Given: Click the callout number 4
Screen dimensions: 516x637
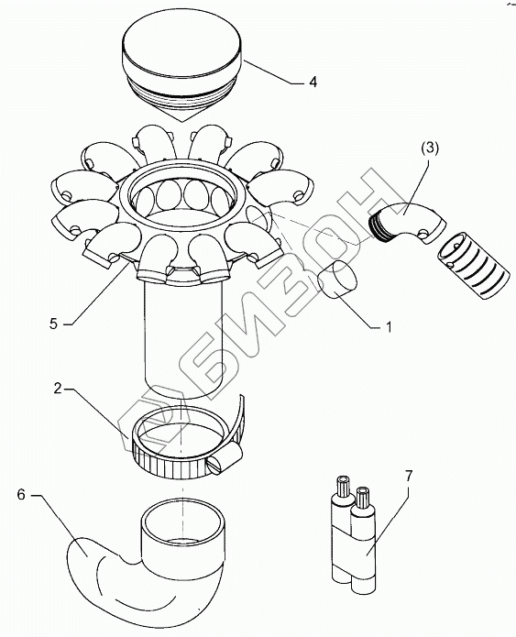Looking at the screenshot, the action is (x=313, y=82).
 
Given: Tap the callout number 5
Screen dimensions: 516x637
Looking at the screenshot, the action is (x=54, y=324).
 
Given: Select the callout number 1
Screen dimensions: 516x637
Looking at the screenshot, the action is (x=389, y=327).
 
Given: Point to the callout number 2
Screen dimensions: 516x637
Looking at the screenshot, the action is (x=58, y=389).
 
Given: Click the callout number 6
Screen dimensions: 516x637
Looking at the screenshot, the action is (x=21, y=495).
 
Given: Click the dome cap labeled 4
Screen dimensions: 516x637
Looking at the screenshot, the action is (x=182, y=65).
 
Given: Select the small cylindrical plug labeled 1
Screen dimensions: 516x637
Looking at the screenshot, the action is (x=337, y=280).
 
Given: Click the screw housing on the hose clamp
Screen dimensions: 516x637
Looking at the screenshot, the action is (x=225, y=458).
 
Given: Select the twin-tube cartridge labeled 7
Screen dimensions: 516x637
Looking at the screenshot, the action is (x=354, y=533).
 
